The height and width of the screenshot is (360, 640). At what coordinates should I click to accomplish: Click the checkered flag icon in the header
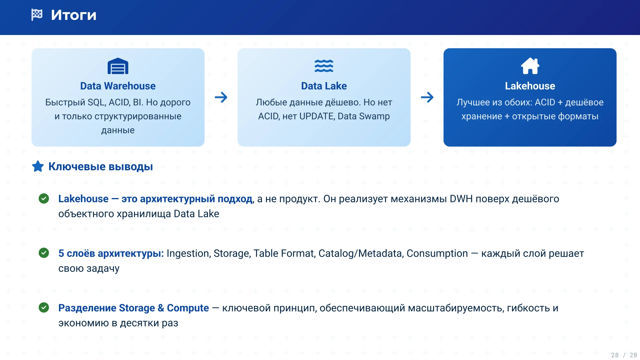click(x=37, y=15)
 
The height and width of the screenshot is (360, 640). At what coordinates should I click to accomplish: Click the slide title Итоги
click(x=74, y=15)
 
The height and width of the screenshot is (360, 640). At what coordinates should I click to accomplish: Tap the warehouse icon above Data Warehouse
click(x=118, y=66)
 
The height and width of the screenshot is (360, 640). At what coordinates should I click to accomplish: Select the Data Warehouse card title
click(x=118, y=86)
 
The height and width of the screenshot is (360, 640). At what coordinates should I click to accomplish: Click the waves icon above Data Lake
click(x=324, y=66)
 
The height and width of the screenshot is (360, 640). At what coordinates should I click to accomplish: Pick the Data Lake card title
click(x=324, y=86)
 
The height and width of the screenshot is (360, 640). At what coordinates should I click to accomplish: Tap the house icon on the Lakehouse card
click(x=530, y=66)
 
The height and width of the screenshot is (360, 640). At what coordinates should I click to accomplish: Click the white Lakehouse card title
click(x=530, y=86)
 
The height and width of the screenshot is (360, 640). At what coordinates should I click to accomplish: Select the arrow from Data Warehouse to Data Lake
click(x=221, y=97)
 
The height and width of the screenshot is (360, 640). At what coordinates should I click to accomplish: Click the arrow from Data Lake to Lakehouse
click(x=427, y=97)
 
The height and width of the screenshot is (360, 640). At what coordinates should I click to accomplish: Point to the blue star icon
click(x=38, y=166)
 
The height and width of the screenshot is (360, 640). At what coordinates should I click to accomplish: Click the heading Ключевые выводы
click(x=101, y=167)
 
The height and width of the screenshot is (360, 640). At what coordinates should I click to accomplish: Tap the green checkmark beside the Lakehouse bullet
click(x=44, y=199)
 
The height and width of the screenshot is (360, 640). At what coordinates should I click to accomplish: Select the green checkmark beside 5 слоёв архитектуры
click(x=44, y=253)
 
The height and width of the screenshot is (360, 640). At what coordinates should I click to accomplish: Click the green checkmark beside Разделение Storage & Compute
click(x=44, y=307)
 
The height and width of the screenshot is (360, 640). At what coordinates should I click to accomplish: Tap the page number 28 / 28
click(x=624, y=355)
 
